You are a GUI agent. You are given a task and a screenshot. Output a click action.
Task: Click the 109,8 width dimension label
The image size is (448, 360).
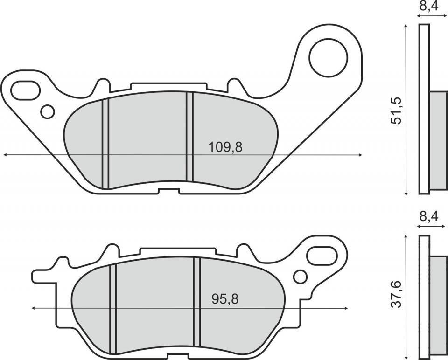(x=225, y=147)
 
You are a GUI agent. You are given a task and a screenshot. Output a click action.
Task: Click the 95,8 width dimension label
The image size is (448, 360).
(x=225, y=299)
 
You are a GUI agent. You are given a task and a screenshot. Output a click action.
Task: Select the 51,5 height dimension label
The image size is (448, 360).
(x=396, y=111)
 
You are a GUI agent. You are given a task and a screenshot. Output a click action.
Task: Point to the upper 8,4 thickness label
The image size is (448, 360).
(x=428, y=7)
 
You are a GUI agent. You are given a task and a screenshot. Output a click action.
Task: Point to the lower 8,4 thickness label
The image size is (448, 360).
(x=428, y=216)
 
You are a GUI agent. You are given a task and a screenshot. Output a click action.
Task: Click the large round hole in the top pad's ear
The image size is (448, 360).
(x=329, y=58)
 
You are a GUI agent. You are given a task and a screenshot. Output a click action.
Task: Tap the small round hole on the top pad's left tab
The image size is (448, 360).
(x=48, y=111)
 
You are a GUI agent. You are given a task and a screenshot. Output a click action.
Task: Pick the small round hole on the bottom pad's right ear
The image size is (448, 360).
(x=300, y=277)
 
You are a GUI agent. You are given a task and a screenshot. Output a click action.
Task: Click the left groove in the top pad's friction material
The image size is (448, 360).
(x=105, y=144)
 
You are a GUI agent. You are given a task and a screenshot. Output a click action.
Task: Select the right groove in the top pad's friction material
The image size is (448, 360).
(x=189, y=136)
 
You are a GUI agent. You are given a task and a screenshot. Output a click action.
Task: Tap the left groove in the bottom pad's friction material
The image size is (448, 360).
(x=112, y=308)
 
